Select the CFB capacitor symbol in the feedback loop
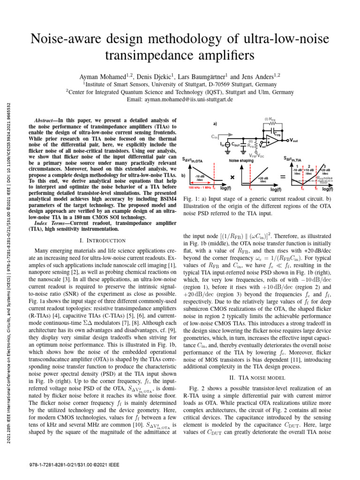[278, 133]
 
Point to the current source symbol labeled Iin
[227, 145]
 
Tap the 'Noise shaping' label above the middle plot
[241, 161]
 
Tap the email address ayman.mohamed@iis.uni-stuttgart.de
[180, 100]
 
